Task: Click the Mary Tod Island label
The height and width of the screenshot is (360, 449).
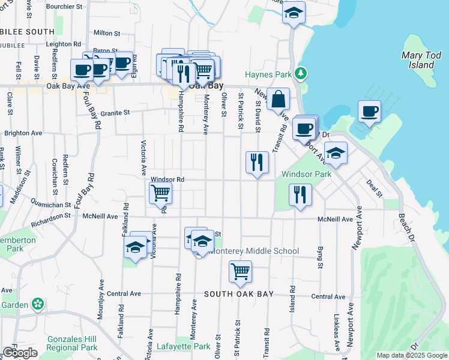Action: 417,60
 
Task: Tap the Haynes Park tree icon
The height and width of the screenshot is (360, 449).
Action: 301,74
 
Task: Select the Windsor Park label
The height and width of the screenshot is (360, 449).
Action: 306,174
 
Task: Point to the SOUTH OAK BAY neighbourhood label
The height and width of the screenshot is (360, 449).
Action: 238,294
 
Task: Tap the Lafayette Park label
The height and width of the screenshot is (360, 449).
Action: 183,346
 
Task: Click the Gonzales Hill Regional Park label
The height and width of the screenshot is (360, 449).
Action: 71,343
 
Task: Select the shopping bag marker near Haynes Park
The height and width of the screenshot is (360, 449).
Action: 279,100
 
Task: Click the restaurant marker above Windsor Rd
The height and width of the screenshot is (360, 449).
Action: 257,163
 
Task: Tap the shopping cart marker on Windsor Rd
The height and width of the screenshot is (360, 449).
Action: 160,194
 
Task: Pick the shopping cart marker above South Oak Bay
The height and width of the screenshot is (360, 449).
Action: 240,272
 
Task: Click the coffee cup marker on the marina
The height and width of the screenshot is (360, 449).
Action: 370,112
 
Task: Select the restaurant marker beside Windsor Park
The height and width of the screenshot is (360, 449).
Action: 300,194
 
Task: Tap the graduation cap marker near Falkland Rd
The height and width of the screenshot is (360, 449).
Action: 136,247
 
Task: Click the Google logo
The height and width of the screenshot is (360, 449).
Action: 20,353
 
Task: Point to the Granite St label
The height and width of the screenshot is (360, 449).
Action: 115,112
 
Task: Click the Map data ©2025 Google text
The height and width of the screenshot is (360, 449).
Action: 412,355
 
